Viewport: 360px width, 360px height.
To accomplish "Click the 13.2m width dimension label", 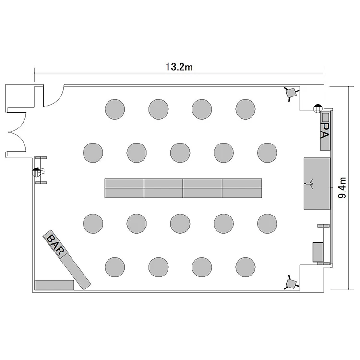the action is (x=179, y=67).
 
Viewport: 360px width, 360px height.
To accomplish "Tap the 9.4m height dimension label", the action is (x=342, y=188).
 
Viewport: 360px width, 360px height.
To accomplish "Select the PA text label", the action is (x=325, y=131).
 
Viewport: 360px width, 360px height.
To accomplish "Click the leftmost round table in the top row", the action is (x=115, y=109).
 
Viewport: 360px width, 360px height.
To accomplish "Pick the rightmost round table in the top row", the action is (x=245, y=109).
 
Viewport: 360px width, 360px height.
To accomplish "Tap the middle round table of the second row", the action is (x=180, y=153).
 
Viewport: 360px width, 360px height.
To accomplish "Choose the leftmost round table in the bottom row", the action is (x=115, y=267).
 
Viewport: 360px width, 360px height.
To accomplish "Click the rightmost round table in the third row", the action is (x=267, y=223).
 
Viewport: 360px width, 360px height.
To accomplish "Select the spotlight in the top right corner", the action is (x=291, y=93).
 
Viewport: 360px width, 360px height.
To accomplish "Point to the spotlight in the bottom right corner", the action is (x=291, y=283).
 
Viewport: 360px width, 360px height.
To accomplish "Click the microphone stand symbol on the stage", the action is (x=312, y=183).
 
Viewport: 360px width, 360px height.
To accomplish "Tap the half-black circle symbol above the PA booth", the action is (x=318, y=108).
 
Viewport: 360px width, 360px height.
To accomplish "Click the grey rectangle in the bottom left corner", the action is (x=54, y=285).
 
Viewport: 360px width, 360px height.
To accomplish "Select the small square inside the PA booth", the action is (x=325, y=117).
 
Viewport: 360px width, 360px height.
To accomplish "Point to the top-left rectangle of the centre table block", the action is (x=124, y=183).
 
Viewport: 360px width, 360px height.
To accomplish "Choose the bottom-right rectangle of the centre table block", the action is (x=242, y=193).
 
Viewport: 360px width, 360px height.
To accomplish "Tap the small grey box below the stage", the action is (x=318, y=252).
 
